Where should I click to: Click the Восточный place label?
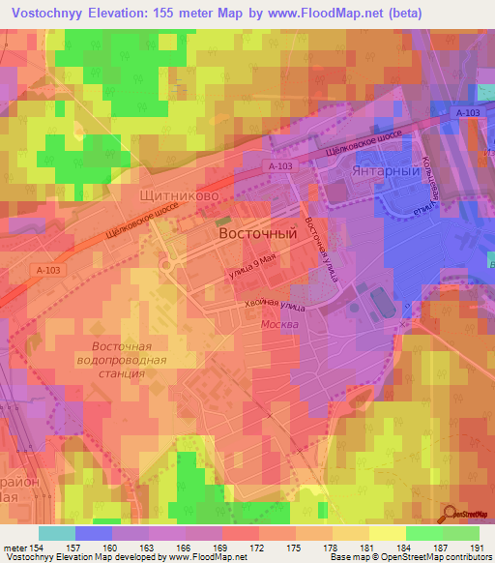tap(257, 234)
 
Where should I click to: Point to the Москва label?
tap(279, 325)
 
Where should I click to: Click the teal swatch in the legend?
tap(56, 533)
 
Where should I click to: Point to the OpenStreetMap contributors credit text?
tap(445, 558)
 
